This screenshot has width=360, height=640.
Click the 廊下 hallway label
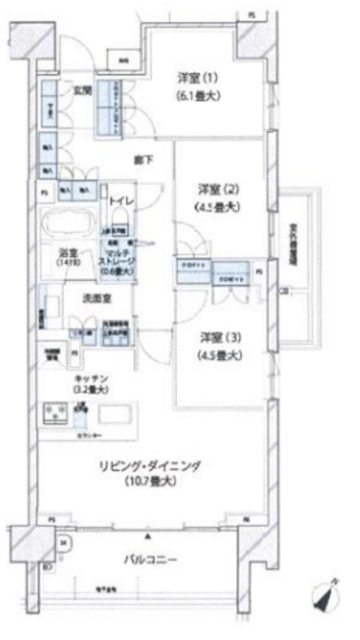[142, 159]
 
